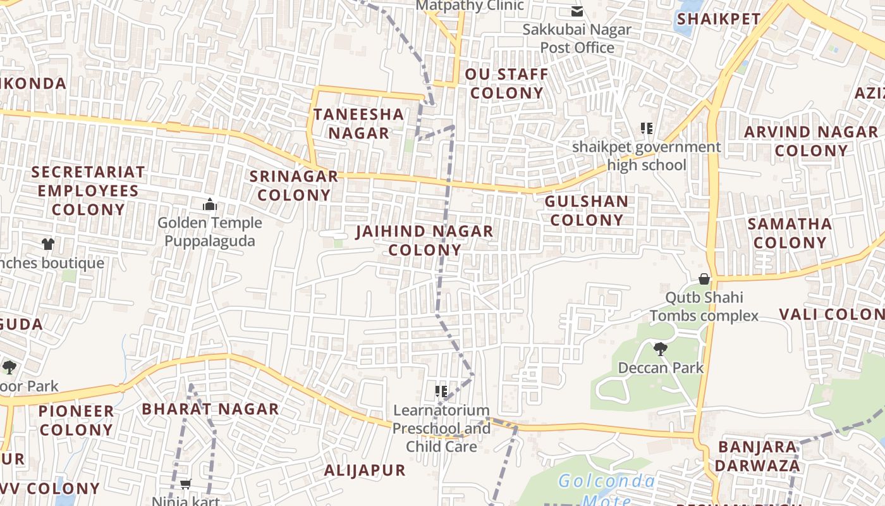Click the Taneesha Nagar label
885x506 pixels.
point(358,124)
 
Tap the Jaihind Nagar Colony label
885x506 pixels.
point(424,240)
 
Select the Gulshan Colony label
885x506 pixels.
point(587,211)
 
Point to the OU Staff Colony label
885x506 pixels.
point(507,83)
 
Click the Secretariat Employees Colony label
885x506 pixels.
point(88,190)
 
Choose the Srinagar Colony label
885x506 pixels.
point(294,185)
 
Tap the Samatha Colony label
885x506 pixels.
point(790,233)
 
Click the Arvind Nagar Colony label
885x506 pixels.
point(811,141)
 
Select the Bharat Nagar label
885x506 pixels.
point(210,409)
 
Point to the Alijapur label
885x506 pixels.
point(365,470)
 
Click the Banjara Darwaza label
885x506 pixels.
point(759,457)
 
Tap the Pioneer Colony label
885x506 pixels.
point(76,420)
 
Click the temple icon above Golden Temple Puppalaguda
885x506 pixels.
point(209,204)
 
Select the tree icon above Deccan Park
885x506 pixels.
point(660,349)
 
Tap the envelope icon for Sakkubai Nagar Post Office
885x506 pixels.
point(577,11)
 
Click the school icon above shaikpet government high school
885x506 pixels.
point(646,128)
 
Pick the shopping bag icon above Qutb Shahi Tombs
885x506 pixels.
point(704,279)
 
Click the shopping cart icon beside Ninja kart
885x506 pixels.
point(185,484)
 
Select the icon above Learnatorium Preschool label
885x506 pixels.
point(441,392)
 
